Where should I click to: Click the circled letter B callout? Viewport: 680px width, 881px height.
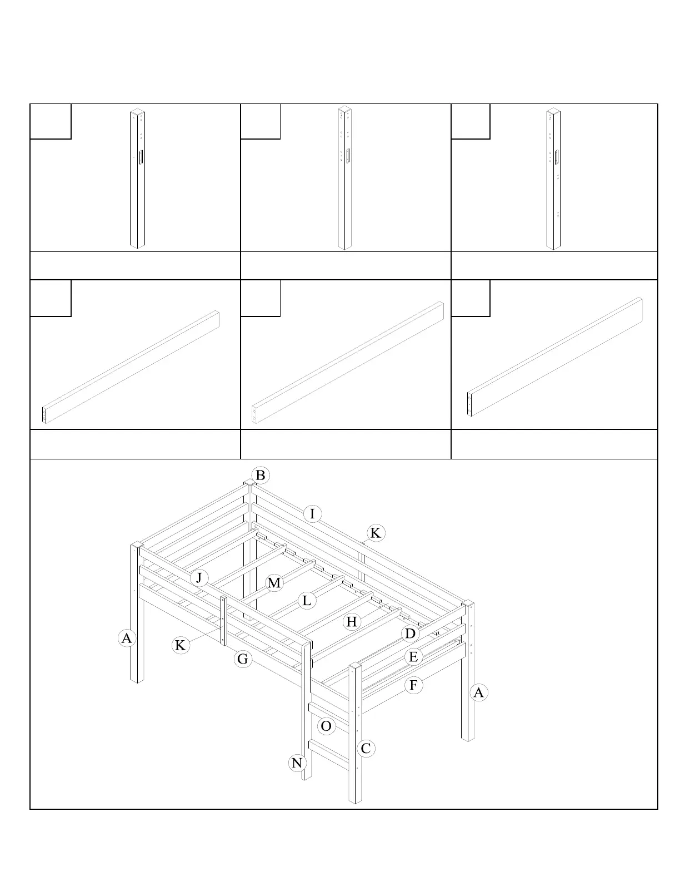pos(260,476)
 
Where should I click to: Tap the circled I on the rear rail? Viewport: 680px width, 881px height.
pos(312,514)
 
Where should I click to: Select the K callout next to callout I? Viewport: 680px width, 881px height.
pos(375,533)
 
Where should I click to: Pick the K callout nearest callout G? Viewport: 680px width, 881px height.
pos(180,646)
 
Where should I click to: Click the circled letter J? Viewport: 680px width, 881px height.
pos(199,578)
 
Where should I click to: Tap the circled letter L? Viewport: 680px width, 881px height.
pos(306,601)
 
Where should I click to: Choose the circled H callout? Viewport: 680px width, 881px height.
pos(351,622)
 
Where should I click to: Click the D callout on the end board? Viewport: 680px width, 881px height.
pos(410,634)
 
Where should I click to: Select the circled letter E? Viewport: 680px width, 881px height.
pos(413,657)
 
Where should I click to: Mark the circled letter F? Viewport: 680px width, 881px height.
pos(413,685)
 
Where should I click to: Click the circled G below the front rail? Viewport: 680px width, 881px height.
pos(243,660)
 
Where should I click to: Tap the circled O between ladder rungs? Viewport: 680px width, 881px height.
pos(326,726)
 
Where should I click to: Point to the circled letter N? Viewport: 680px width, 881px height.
pos(297,763)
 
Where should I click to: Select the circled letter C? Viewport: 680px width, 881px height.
pos(365,749)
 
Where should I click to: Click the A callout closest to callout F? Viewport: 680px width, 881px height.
pos(478,693)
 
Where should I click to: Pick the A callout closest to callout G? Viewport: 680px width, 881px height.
pos(127,638)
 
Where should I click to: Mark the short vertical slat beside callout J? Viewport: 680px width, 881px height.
pos(224,620)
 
